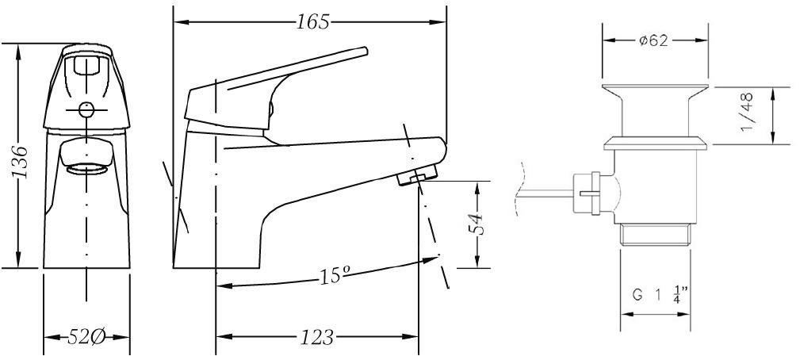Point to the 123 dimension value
pyautogui.click(x=316, y=337)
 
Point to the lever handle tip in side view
pyautogui.click(x=365, y=52)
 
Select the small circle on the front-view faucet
pyautogui.click(x=86, y=110)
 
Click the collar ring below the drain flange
pyautogui.click(x=654, y=144)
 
